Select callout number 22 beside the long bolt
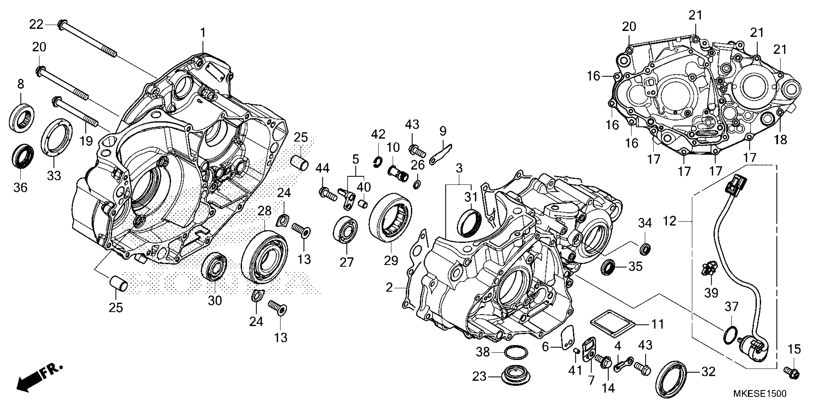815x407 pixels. point(36,24)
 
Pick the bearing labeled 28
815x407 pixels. point(264,256)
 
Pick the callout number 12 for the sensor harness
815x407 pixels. point(669,221)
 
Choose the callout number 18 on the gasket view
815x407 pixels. point(781,139)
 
